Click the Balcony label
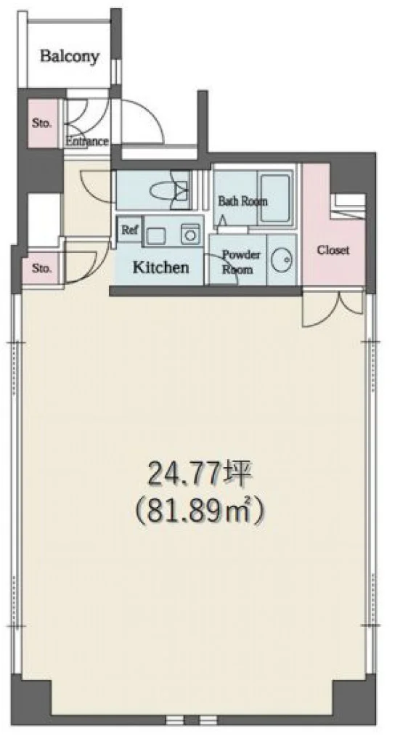[x=70, y=57]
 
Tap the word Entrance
[x=87, y=142]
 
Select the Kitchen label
[x=160, y=267]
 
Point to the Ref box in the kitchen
[x=129, y=230]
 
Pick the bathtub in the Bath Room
[x=275, y=199]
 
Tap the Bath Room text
[x=242, y=201]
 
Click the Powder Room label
[x=242, y=262]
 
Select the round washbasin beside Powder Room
[x=282, y=259]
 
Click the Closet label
[x=333, y=250]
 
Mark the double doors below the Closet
[x=333, y=307]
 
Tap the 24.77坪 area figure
[x=199, y=474]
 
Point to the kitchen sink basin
[x=155, y=235]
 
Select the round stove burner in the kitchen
[x=191, y=235]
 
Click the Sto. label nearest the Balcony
[x=41, y=124]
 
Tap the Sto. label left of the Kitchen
[x=41, y=269]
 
